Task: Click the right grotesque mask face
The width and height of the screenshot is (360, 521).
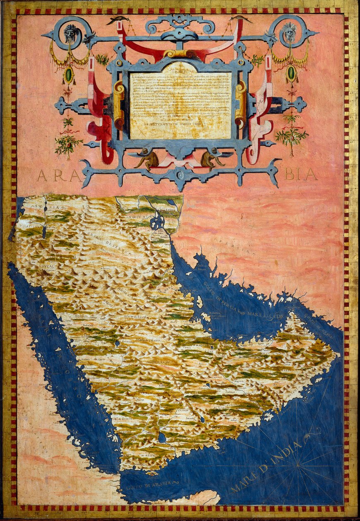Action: pyautogui.click(x=290, y=32)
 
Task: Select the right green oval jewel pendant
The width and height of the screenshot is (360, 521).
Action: pyautogui.click(x=292, y=73)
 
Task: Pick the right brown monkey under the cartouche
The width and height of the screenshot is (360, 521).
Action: pyautogui.click(x=209, y=160)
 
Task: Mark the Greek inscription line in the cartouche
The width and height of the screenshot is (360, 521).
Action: pyautogui.click(x=180, y=123)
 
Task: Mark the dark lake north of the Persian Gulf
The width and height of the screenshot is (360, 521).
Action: pyautogui.click(x=157, y=221)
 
